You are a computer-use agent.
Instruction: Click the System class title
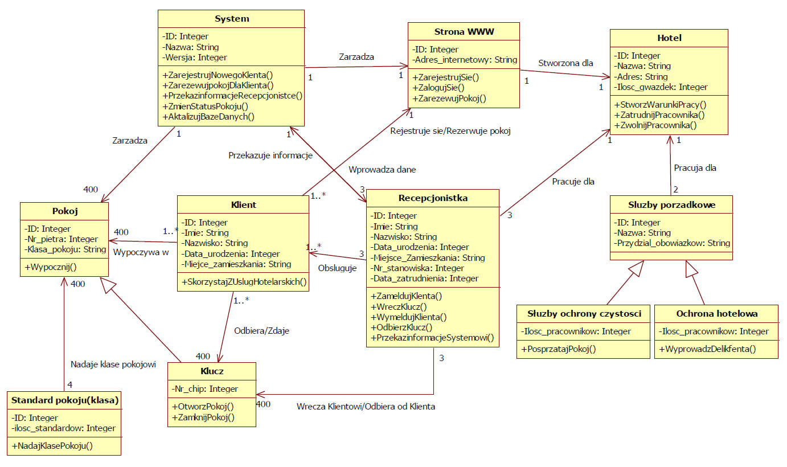coord(232,19)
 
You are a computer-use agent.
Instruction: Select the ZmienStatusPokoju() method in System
coord(206,106)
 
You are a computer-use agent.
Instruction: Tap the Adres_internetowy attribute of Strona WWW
coord(464,59)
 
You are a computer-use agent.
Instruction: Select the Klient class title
coord(243,204)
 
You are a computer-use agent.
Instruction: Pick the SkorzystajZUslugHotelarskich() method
coord(244,281)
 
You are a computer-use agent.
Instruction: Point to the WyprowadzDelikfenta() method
coord(707,349)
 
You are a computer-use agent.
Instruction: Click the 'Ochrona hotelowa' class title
coord(716,313)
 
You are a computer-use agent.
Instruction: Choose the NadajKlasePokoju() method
coord(52,446)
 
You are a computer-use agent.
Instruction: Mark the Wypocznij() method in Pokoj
coord(50,267)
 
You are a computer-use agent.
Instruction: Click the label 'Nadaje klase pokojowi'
coord(113,364)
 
